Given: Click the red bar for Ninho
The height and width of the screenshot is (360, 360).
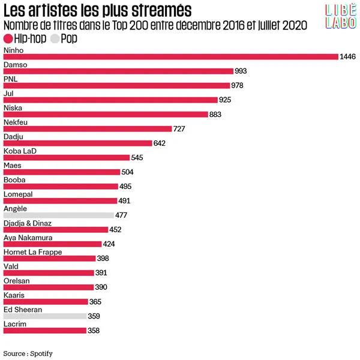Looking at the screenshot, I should click(171, 57).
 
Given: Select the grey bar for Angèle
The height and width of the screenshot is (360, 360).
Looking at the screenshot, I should click(58, 215).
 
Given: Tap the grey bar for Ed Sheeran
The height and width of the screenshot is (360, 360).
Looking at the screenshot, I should click(45, 316).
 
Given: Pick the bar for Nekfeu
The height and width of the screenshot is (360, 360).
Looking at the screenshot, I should click(87, 129).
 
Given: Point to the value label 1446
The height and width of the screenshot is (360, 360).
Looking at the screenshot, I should click(348, 57).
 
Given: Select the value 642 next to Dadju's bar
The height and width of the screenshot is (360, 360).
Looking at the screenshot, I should click(160, 143).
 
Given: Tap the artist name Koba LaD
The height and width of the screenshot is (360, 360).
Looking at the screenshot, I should click(20, 151).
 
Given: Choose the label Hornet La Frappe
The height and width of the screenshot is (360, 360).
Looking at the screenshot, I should click(32, 252).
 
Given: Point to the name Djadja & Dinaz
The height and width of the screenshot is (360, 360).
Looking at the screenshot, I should click(28, 223).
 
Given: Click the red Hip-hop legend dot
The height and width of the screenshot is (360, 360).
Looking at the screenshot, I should click(8, 38).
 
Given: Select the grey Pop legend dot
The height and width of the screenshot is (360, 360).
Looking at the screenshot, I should click(55, 38).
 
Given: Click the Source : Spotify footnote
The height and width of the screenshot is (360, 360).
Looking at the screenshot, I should click(28, 353).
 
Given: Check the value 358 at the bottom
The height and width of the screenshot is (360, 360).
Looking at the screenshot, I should click(93, 331).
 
